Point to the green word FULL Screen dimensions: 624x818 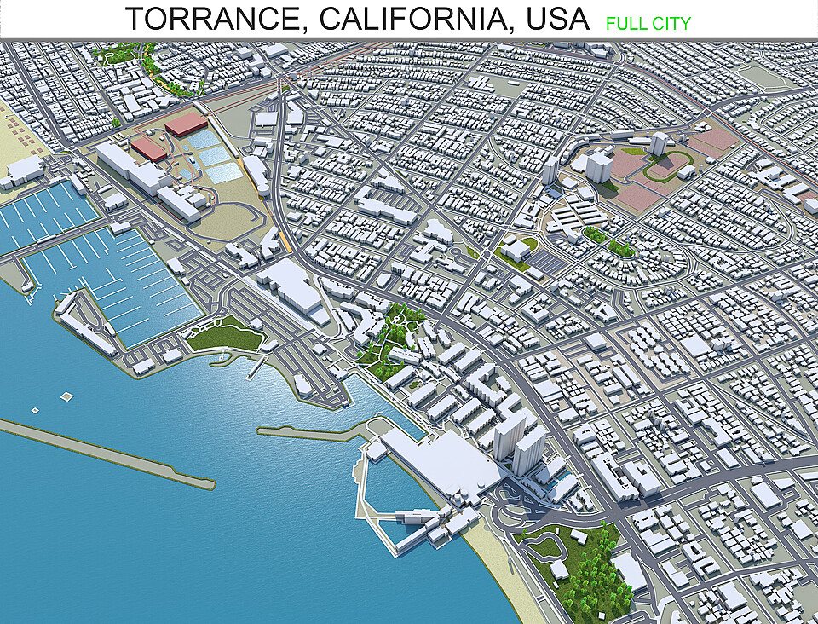626,23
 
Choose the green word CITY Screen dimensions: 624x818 671,23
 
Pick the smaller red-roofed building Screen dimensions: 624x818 148,149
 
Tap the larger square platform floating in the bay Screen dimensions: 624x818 66,397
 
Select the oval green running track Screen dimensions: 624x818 666,165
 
